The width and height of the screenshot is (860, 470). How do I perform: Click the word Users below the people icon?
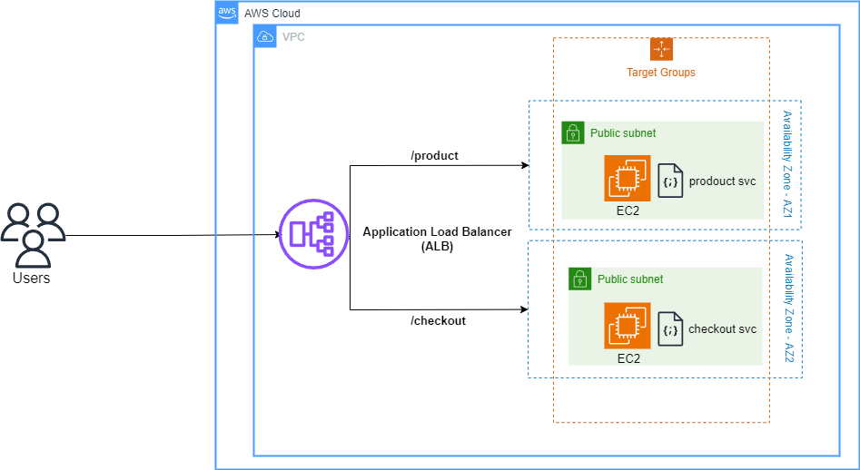[x=31, y=279]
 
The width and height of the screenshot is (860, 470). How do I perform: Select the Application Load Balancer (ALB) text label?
[x=437, y=239]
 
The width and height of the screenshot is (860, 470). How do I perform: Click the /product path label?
[x=435, y=155]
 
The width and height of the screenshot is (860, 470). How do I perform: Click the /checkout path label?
[x=438, y=320]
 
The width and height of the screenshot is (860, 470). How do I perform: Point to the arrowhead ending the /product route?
[x=524, y=166]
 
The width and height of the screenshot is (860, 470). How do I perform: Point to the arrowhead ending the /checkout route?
[x=524, y=310]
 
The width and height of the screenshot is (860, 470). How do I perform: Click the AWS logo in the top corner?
[x=227, y=13]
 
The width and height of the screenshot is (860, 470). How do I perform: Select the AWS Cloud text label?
[x=272, y=14]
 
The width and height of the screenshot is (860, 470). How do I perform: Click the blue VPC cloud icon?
[x=265, y=36]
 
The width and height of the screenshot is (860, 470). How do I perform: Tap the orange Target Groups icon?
[x=661, y=49]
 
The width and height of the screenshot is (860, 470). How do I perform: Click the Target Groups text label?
[x=661, y=73]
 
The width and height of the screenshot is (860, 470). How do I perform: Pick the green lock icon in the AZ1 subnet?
[x=573, y=132]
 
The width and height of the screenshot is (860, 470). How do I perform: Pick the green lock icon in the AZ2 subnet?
[x=580, y=279]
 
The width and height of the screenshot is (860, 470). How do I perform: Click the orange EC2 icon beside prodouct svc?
[x=628, y=179]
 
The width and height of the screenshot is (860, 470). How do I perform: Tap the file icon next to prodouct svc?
[x=670, y=181]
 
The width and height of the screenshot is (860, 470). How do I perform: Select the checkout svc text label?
[x=722, y=329]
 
